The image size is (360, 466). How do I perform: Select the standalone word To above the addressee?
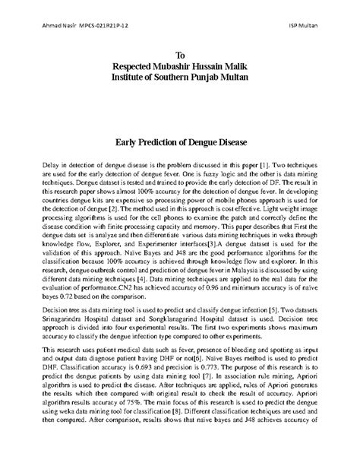pos(180,55)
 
